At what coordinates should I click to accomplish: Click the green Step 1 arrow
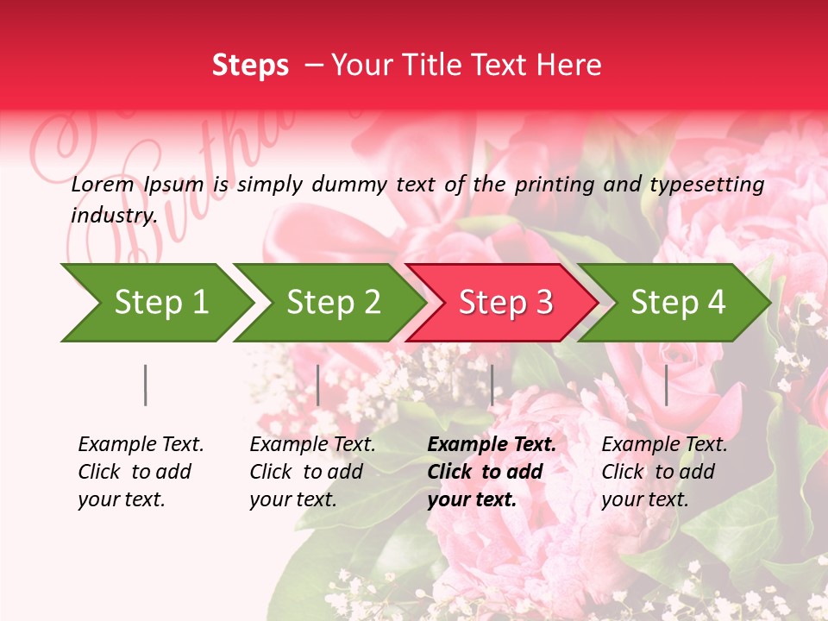coord(155,303)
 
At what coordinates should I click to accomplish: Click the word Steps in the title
coord(250,65)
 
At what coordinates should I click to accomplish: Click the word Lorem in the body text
coord(103,184)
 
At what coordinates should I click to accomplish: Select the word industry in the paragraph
coord(113,216)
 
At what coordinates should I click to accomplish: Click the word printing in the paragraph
coord(553,184)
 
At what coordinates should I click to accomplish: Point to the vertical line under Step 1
coord(145,385)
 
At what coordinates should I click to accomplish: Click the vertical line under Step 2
coord(318,385)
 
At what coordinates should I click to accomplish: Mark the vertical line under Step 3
coord(492,385)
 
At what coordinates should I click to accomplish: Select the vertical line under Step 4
coord(666,385)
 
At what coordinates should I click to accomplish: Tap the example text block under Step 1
coord(141,472)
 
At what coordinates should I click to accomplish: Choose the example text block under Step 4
coord(664,472)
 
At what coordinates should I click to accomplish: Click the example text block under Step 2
coord(312,472)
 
